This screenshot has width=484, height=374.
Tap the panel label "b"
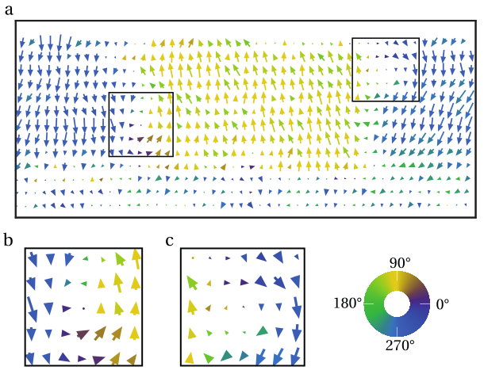point(9,240)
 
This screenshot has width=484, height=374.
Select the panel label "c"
point(170,240)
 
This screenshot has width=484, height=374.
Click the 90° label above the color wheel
point(398,262)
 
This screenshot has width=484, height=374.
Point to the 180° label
point(348,303)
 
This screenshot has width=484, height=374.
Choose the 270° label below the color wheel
point(398,345)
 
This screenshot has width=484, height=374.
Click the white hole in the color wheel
point(397,303)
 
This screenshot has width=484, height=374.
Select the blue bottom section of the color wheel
point(397,325)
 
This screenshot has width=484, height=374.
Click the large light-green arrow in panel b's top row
point(120,259)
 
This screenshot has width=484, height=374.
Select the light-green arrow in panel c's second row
point(191,283)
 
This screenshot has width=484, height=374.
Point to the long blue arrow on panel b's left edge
point(31,307)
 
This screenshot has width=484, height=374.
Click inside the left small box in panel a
point(141,124)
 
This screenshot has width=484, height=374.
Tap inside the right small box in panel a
point(385,69)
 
